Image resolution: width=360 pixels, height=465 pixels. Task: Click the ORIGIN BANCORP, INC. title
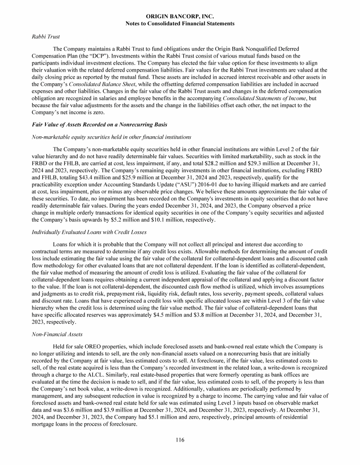(x=180, y=16)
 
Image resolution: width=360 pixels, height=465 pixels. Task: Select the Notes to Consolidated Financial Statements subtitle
(x=180, y=23)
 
